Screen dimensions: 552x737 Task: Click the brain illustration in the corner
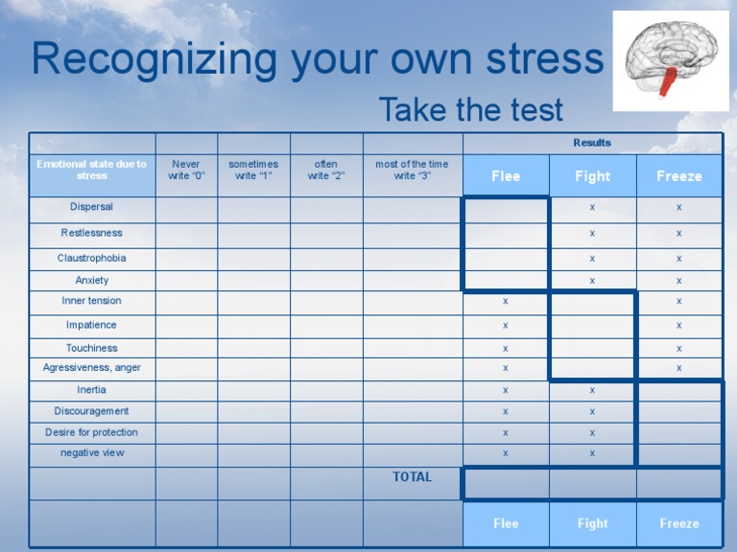[x=670, y=59]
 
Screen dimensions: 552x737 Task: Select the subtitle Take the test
[x=470, y=110]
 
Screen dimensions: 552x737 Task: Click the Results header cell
[x=592, y=143]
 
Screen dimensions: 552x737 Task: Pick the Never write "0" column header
[x=186, y=170]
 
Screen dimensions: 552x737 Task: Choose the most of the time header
[x=412, y=170]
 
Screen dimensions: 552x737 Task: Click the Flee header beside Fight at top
[x=506, y=176]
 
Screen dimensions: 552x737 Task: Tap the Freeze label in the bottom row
[x=679, y=523]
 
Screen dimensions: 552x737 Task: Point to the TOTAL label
[x=412, y=476]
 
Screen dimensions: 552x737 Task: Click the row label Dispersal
[x=92, y=207]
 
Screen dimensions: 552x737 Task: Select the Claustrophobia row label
[x=92, y=258]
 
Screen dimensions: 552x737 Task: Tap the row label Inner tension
[x=92, y=301]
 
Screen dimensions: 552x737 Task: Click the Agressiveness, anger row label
[x=92, y=367]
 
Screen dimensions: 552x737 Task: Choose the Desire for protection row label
[x=92, y=432]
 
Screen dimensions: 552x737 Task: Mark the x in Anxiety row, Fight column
[x=592, y=281]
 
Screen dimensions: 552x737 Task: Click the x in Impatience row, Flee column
[x=506, y=326]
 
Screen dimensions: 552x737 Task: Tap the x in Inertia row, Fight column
[x=592, y=390]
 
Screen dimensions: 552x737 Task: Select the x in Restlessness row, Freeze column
[x=678, y=233]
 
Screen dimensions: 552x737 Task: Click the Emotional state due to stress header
[x=92, y=170]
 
